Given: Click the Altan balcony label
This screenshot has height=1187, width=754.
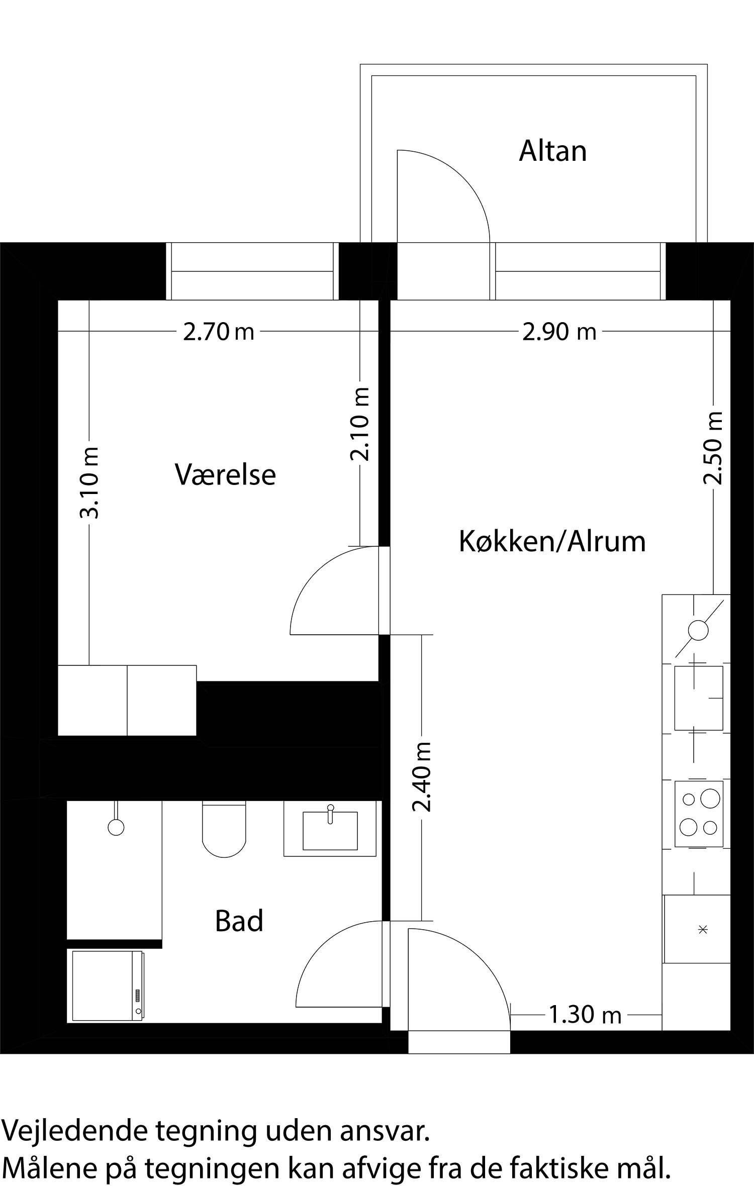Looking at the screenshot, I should click(x=552, y=151).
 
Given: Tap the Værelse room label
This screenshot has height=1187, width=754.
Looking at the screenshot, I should click(x=225, y=475).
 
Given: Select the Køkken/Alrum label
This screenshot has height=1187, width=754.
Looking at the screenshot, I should click(x=552, y=542).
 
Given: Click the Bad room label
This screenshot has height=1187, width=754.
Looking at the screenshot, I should click(x=239, y=922).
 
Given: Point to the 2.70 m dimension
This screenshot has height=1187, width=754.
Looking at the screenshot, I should click(x=219, y=332).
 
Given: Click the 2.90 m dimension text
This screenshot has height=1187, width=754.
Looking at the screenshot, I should click(x=559, y=332).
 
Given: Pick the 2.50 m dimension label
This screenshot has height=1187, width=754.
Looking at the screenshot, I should click(x=713, y=448).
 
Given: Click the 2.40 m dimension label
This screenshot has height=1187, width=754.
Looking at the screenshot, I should click(x=422, y=777).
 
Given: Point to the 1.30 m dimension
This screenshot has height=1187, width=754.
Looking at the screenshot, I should click(x=585, y=1015).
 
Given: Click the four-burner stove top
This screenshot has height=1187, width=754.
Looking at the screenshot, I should click(x=699, y=814).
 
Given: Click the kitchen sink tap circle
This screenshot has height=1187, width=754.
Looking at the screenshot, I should click(x=698, y=630).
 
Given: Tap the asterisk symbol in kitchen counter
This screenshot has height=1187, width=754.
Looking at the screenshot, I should click(x=703, y=930).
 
